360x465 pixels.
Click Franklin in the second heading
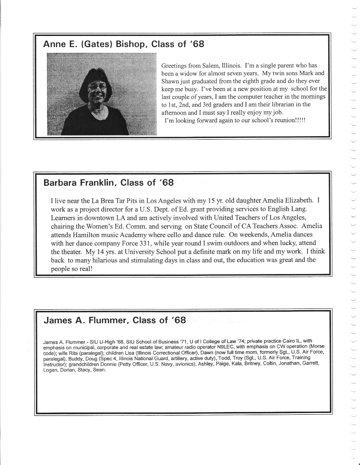(95, 183)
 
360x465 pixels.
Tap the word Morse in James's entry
(317, 347)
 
